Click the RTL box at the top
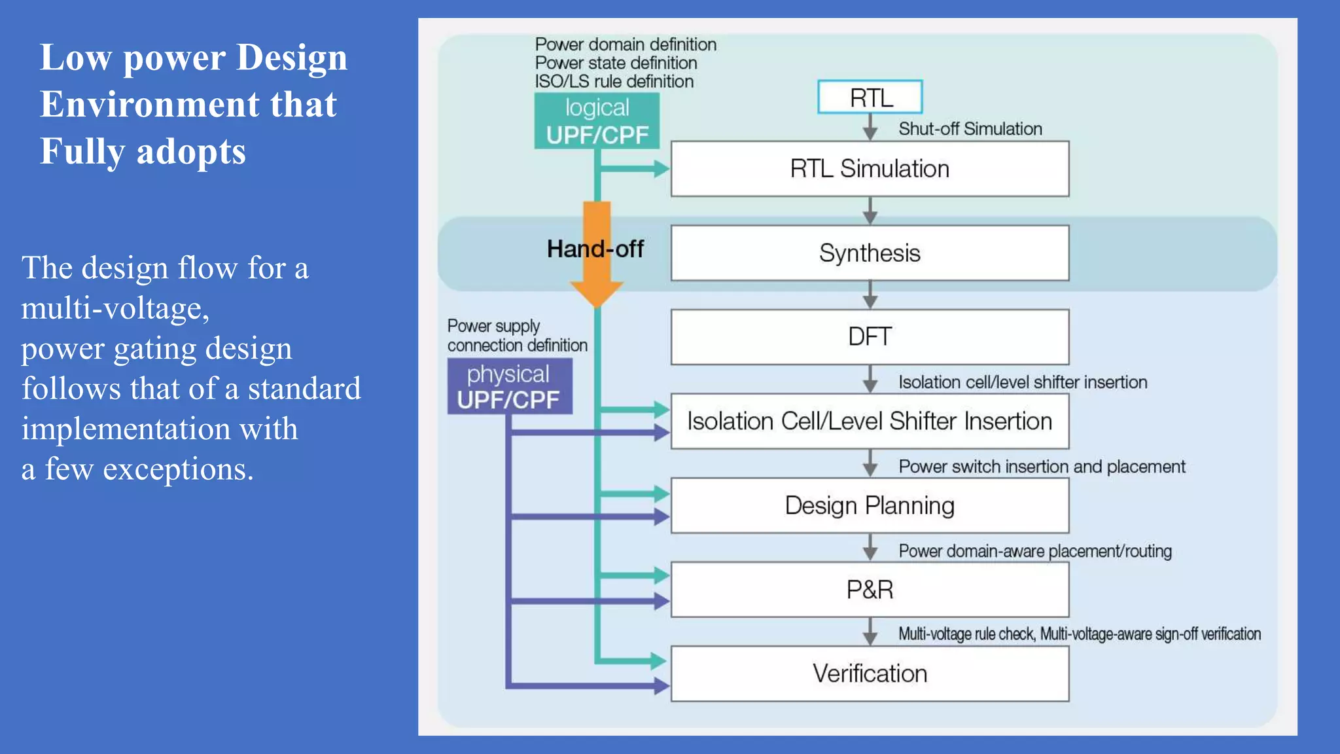coord(870,98)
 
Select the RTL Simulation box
coord(870,169)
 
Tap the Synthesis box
coord(870,253)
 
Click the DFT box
coord(870,336)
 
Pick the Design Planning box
coord(870,505)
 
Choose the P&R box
coord(870,590)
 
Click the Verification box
coord(870,673)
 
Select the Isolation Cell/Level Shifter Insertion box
coord(870,421)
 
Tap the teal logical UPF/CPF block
coord(597,121)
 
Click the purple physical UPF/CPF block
coord(509,386)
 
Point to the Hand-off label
coord(595,249)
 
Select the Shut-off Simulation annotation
coord(970,129)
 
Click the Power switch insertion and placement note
coord(1041,467)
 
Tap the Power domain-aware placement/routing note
coord(1034,551)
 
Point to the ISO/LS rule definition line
coord(614,82)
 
